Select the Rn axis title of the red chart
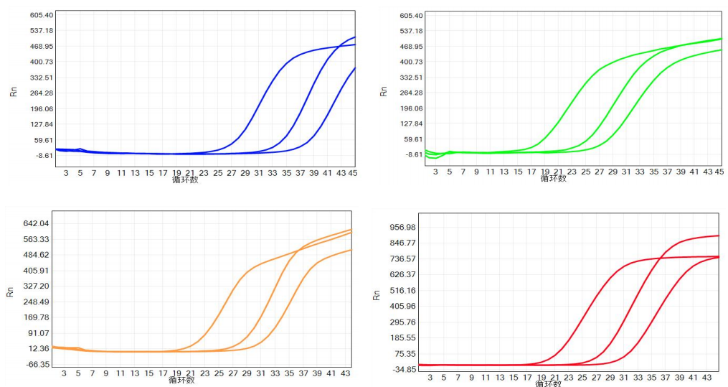(376, 294)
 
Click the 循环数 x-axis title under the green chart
(553, 178)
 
